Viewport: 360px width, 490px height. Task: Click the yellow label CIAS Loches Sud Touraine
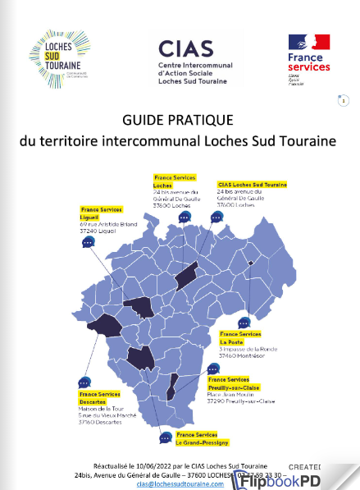tap(252, 185)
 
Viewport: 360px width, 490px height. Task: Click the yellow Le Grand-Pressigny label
tap(201, 440)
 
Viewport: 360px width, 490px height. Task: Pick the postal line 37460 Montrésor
tap(246, 357)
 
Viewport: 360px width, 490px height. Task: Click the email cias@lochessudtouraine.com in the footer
tap(180, 484)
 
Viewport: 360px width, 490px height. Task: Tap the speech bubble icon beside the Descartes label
tap(84, 383)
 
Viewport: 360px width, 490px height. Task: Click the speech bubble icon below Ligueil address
tap(89, 243)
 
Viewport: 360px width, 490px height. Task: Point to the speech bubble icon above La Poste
tap(244, 323)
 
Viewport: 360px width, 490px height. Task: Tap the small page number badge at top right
tap(344, 100)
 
